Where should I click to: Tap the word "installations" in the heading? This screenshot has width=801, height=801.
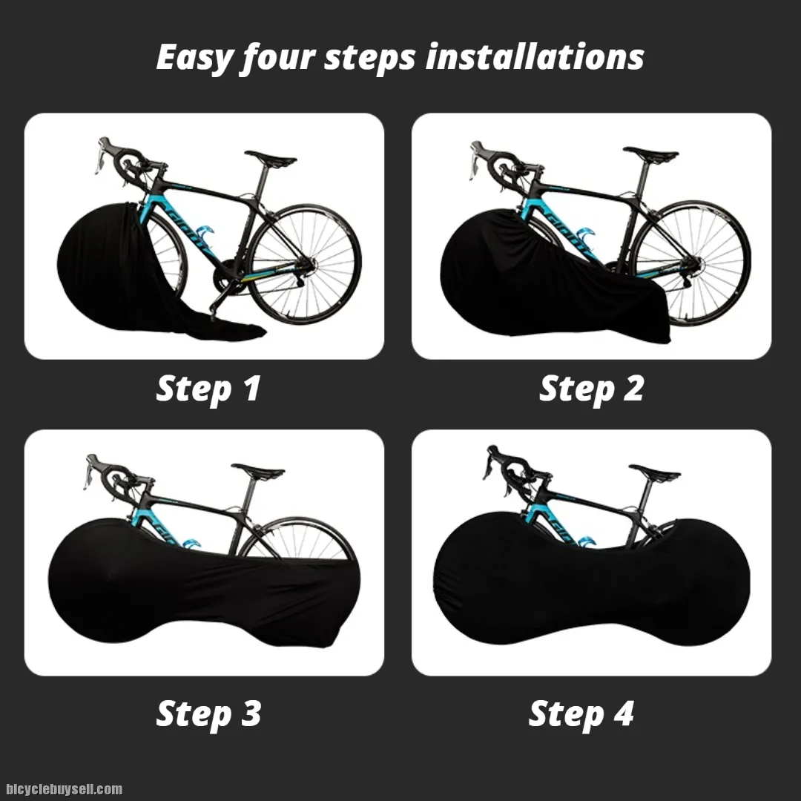tap(534, 56)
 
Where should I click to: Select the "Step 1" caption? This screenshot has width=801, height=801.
tap(208, 389)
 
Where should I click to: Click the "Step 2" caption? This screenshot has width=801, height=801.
tap(592, 389)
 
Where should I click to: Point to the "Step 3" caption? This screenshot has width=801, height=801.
tap(208, 713)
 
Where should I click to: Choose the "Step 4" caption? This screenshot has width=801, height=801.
tap(581, 713)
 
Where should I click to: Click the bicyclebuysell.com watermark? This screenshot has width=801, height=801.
tap(65, 789)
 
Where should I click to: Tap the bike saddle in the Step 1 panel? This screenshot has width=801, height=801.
tap(270, 157)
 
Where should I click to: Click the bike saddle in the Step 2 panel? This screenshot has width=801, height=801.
tap(650, 154)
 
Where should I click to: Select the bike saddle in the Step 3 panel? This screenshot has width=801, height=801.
tap(257, 470)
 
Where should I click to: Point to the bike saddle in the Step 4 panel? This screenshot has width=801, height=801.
tap(654, 472)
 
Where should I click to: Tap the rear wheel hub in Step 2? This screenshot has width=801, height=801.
tap(693, 264)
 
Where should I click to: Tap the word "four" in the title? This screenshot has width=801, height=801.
tap(278, 57)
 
